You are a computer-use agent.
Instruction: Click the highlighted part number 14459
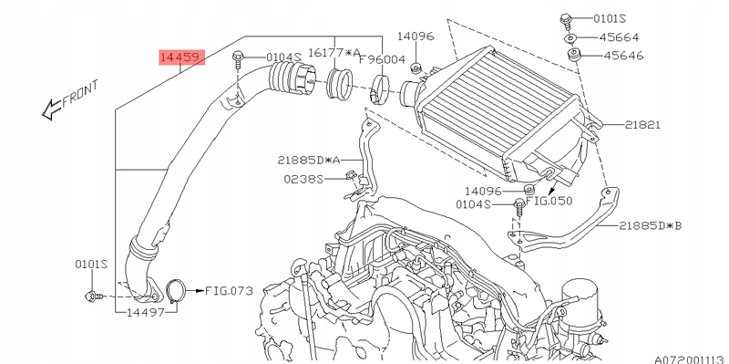pyautogui.click(x=180, y=57)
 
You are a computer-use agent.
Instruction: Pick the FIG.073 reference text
pyautogui.click(x=229, y=291)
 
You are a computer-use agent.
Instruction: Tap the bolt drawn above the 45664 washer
pyautogui.click(x=563, y=17)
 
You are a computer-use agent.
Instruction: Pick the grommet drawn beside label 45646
pyautogui.click(x=574, y=56)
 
